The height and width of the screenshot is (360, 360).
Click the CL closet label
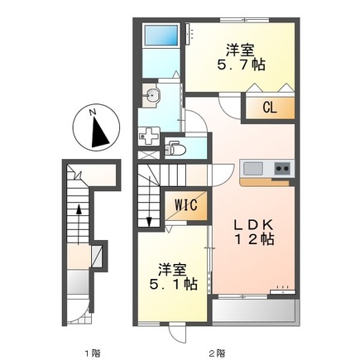270,107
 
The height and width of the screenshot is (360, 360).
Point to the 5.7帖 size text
238,64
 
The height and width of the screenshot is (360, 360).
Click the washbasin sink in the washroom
151,94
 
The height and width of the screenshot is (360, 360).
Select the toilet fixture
175,148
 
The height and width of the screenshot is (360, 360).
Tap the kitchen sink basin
252,169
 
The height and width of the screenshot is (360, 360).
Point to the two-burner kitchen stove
281,169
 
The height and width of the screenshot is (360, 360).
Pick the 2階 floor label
217,330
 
